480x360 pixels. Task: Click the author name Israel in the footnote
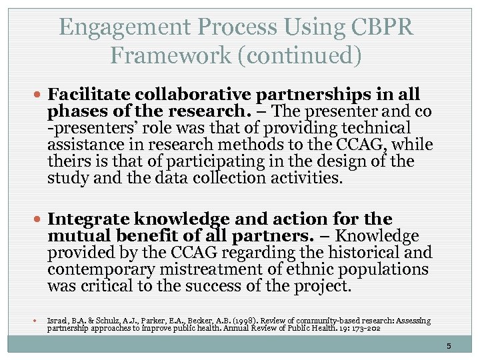(x=57, y=321)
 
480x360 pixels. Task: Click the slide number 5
(x=449, y=346)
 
